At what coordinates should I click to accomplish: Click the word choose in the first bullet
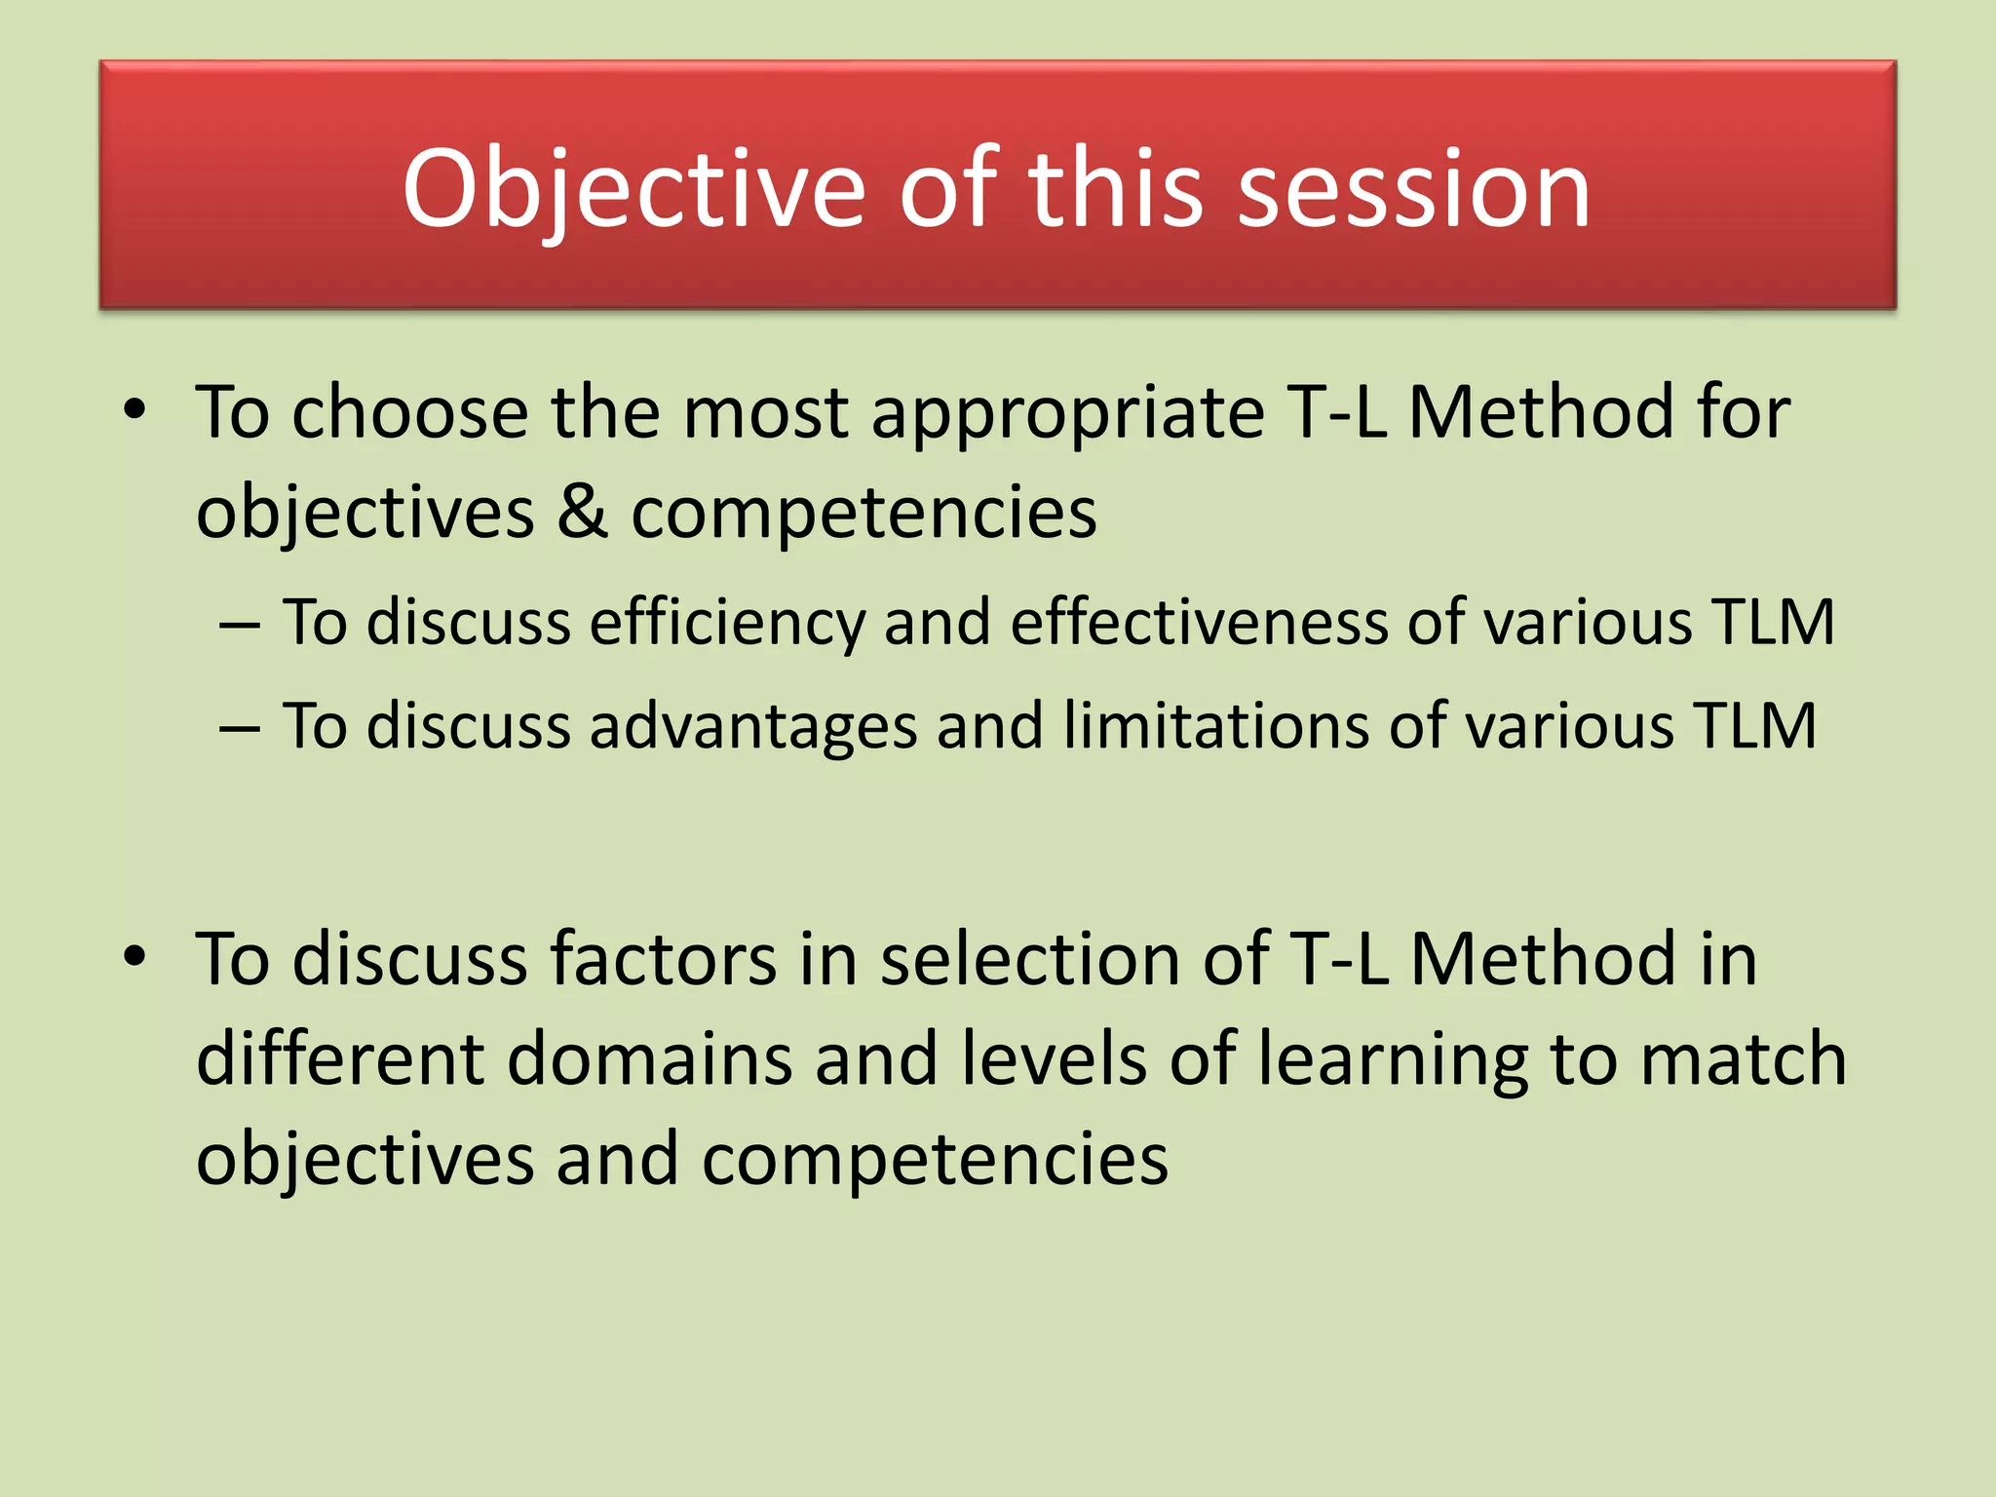pyautogui.click(x=410, y=413)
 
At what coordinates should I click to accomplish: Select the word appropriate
pyautogui.click(x=1067, y=415)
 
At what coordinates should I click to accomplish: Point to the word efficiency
pyautogui.click(x=726, y=623)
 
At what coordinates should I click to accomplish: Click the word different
pyautogui.click(x=340, y=1059)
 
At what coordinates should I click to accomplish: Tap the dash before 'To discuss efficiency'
pyautogui.click(x=240, y=625)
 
